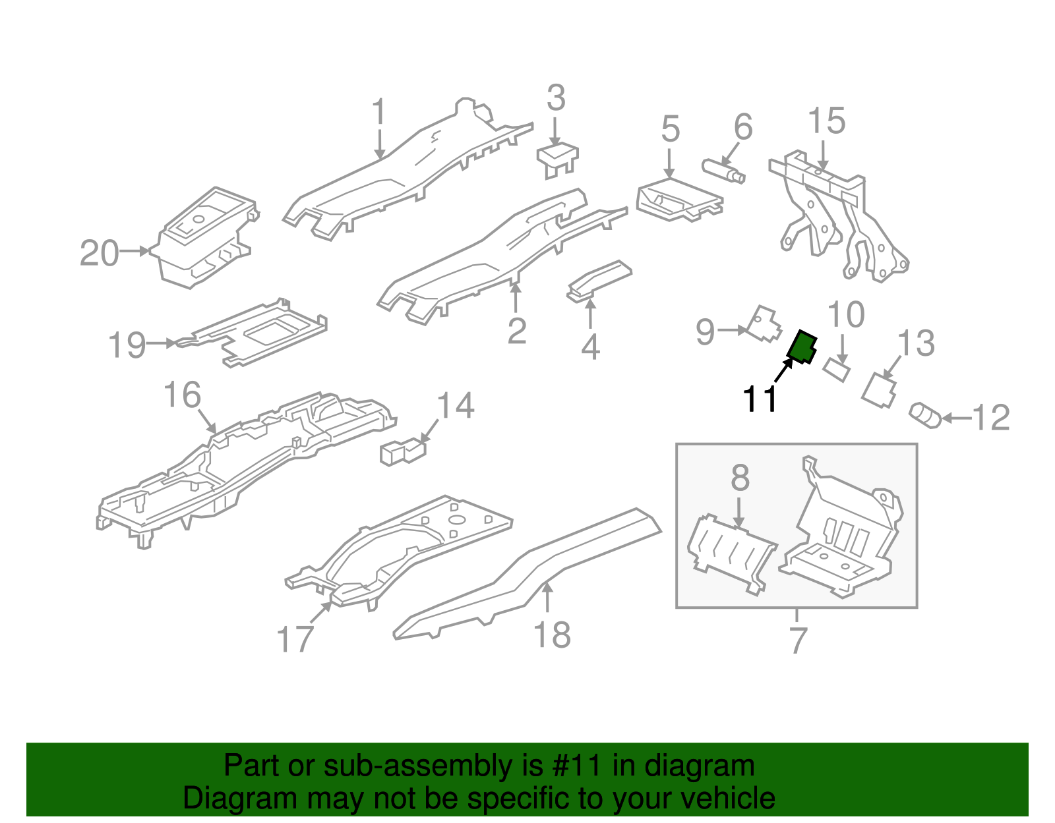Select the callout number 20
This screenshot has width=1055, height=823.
(100, 253)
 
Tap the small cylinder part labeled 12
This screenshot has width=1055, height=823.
(925, 416)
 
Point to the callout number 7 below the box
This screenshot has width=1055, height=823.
(798, 640)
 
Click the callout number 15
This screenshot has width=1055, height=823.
(827, 121)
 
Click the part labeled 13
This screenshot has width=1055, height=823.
(879, 389)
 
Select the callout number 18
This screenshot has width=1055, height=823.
(552, 635)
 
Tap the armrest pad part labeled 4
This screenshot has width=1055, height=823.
(599, 281)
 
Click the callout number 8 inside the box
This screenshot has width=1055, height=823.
(740, 477)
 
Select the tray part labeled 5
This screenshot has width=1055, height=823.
(680, 200)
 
